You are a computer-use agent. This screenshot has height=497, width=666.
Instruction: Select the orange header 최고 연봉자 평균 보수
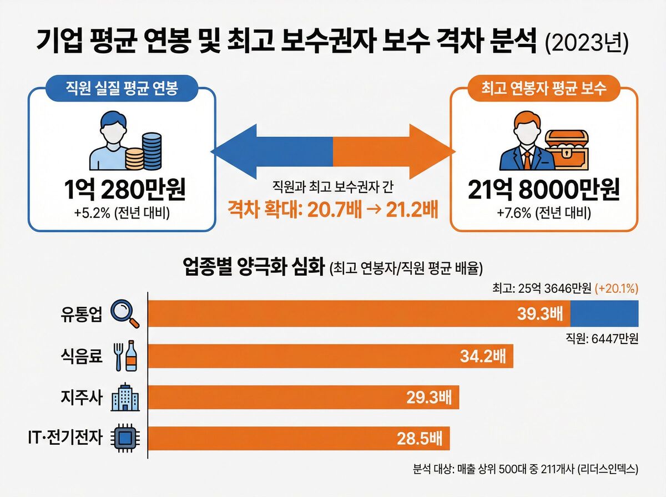[544, 88]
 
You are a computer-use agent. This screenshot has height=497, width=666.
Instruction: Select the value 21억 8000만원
[543, 190]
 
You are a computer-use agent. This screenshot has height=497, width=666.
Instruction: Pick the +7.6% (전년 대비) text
[543, 213]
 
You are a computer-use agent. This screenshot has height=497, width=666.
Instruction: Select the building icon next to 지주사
[123, 397]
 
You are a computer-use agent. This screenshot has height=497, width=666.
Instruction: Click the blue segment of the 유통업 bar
[604, 313]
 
